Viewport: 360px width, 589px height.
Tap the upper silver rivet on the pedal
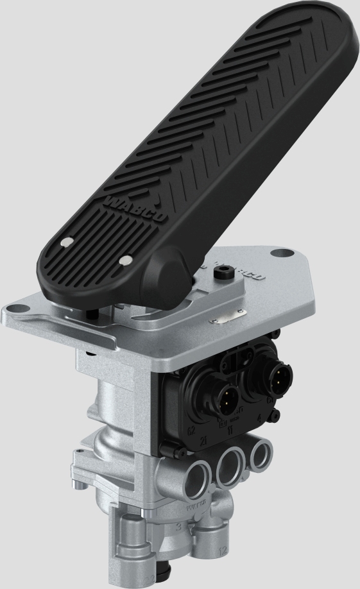click(x=65, y=243)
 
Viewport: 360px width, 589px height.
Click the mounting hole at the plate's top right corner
click(x=277, y=254)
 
